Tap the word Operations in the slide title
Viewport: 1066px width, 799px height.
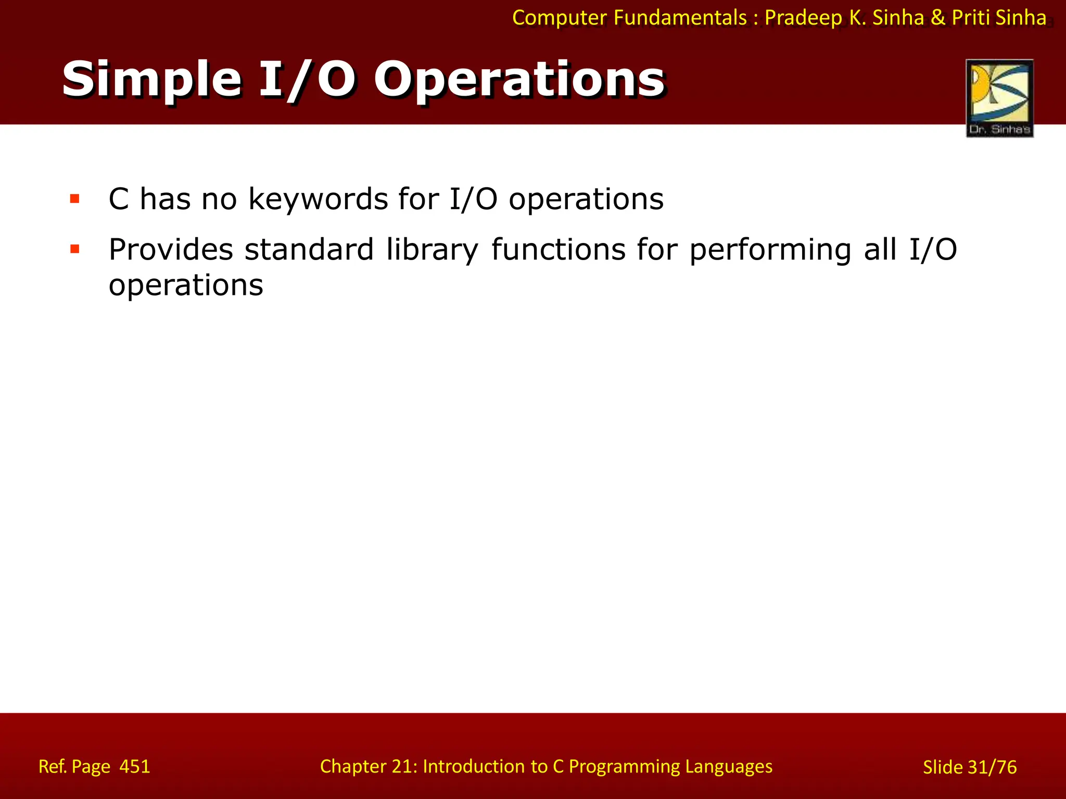519,80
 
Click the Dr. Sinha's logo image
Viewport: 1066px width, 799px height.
999,98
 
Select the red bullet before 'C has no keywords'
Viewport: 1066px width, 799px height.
75,199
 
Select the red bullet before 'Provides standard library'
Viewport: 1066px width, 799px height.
75,249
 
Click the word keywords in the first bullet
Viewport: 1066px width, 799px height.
318,199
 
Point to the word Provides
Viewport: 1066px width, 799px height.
171,249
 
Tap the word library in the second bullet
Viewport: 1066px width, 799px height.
432,249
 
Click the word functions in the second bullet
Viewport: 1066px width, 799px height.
558,249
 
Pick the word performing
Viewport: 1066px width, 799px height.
770,249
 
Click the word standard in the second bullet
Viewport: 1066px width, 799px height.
309,249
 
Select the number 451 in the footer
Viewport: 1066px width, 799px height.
135,767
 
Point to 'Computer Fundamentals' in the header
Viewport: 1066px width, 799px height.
630,18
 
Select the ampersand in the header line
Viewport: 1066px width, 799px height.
937,18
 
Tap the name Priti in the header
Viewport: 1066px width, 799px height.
971,18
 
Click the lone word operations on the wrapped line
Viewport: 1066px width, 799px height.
186,285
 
